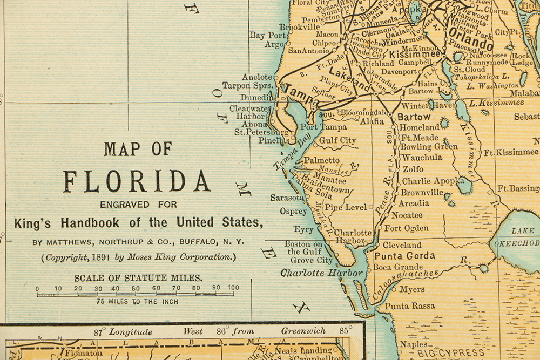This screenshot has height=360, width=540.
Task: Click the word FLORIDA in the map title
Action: pos(137,181)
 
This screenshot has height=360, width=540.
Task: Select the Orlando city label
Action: pos(470,42)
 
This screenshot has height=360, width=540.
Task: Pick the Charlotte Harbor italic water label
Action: pos(322,273)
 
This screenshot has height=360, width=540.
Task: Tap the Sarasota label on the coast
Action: pos(287,198)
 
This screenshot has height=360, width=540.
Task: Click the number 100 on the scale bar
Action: pos(233,288)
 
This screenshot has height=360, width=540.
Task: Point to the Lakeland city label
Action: pos(350,79)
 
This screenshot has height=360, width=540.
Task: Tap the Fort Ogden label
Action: pos(406,228)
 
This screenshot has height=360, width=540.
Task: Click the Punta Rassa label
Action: pos(409,305)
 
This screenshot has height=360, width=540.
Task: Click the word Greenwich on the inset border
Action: pos(304,331)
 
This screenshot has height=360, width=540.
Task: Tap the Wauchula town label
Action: pos(422,158)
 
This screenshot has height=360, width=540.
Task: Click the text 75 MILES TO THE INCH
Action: pos(137,301)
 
